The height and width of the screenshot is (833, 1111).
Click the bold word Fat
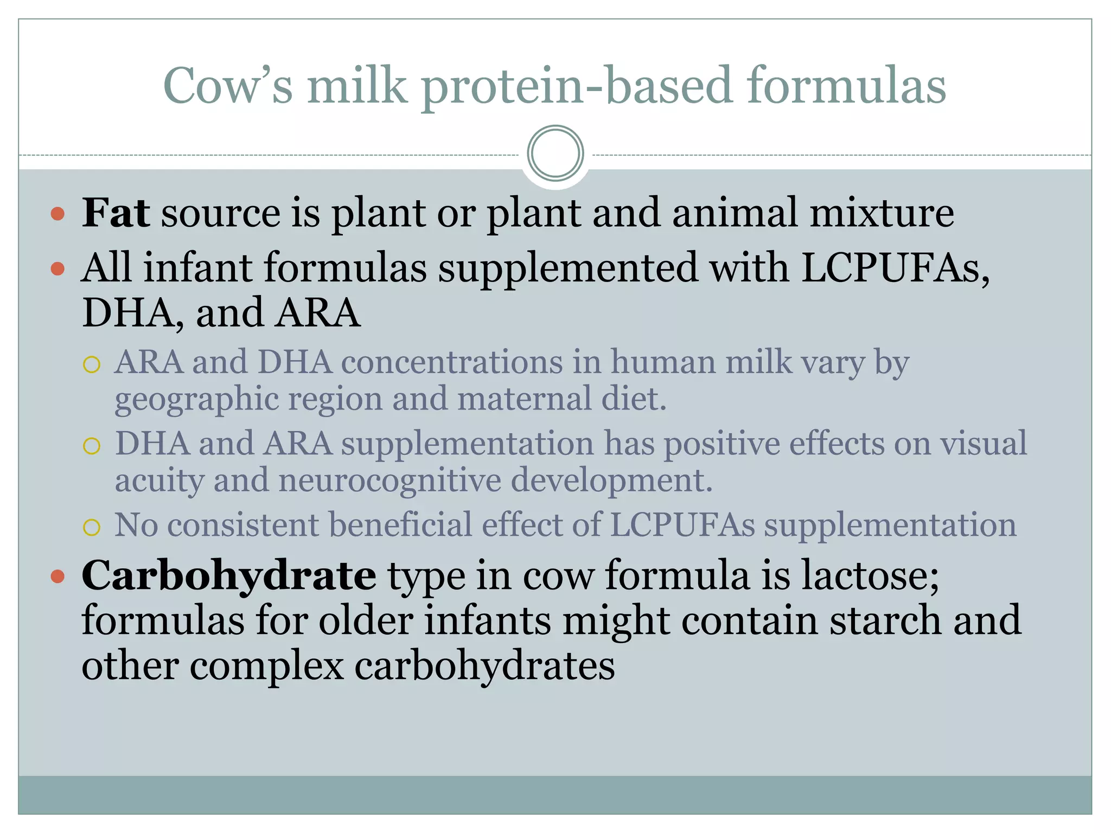pos(115,213)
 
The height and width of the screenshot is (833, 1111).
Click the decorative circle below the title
pos(555,153)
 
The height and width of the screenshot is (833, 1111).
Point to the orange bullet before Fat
pos(58,214)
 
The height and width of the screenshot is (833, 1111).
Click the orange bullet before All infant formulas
pos(58,268)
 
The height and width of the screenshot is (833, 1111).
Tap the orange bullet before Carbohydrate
pos(58,576)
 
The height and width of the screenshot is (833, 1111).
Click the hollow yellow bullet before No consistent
pos(92,527)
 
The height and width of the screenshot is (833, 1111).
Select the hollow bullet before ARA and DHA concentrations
pos(92,364)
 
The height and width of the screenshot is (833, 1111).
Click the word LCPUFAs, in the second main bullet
pos(895,268)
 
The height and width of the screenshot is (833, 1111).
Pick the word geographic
pos(196,400)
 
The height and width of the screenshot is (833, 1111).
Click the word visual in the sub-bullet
pos(983,443)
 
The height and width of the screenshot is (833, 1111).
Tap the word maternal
pos(523,399)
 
